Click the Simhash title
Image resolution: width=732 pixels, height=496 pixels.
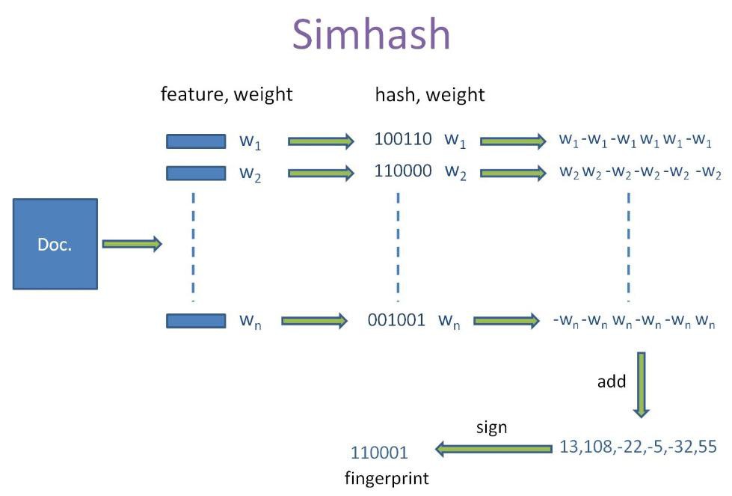(371, 34)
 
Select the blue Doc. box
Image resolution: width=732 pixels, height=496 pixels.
(55, 244)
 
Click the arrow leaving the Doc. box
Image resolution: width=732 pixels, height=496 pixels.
(132, 244)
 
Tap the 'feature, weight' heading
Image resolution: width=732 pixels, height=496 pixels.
(227, 94)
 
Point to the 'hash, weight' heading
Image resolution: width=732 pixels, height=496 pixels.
(430, 95)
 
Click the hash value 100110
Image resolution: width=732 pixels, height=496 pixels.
(403, 138)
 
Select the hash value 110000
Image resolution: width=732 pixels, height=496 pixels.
(403, 171)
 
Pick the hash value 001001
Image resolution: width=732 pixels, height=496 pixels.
(396, 320)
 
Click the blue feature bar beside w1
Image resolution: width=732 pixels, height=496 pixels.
(196, 141)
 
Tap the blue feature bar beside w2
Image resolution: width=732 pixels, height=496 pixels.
(196, 174)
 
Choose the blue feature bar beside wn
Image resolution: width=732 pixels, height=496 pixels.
(196, 320)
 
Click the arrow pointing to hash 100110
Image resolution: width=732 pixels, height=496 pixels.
(321, 141)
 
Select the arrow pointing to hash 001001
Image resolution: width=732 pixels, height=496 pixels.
(314, 321)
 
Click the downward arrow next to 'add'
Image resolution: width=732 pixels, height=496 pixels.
(642, 385)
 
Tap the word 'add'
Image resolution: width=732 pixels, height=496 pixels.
(612, 382)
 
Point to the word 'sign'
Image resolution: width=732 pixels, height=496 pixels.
(491, 427)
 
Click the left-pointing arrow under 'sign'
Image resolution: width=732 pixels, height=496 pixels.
(493, 449)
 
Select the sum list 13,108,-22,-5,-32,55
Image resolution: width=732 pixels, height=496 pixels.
(638, 447)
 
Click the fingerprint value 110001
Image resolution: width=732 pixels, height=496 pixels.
(379, 453)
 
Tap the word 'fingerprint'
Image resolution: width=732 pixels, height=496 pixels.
(387, 478)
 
